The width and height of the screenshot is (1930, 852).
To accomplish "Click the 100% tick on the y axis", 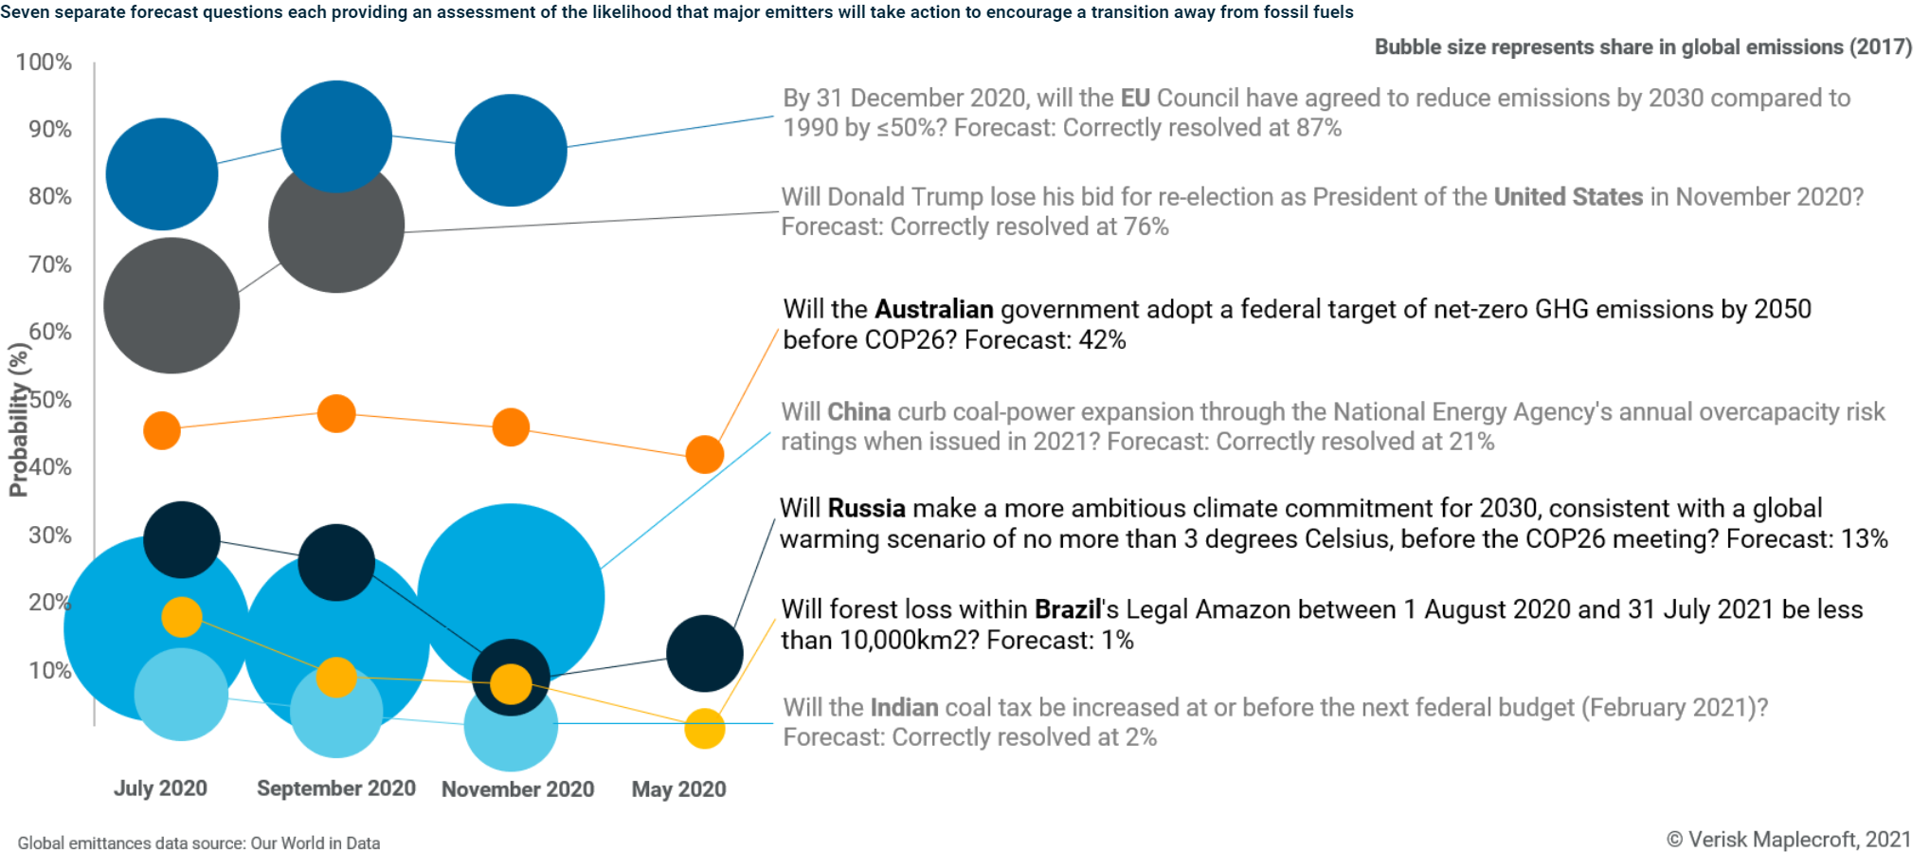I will pos(44,63).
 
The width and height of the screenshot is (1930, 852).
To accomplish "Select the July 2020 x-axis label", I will pos(160,789).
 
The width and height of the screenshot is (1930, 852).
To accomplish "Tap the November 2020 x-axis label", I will pos(517,789).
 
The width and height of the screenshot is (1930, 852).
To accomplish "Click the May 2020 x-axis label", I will pos(678,789).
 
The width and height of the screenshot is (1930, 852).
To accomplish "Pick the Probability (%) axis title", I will pos(18,420).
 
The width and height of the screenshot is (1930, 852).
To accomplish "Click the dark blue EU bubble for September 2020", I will pos(336,136).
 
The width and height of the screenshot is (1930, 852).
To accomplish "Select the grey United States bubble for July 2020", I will pos(171,305).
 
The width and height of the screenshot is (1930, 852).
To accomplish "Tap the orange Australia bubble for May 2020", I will pos(704,455).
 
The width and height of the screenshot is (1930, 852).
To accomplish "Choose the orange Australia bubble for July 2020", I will pos(162,430).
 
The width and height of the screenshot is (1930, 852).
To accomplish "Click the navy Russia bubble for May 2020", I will pos(704,654).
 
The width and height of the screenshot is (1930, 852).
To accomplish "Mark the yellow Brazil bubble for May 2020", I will pos(704,729).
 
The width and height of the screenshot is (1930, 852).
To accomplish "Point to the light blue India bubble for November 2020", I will pos(511,728).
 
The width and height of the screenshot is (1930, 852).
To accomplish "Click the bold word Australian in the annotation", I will pos(933,310).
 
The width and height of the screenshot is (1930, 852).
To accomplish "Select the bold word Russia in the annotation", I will pos(866,509).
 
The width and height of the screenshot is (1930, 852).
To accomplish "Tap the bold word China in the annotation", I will pos(858,412).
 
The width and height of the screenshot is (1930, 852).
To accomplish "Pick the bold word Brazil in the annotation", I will pos(1067,609).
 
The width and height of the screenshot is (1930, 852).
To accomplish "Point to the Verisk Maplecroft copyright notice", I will pos(1788,840).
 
